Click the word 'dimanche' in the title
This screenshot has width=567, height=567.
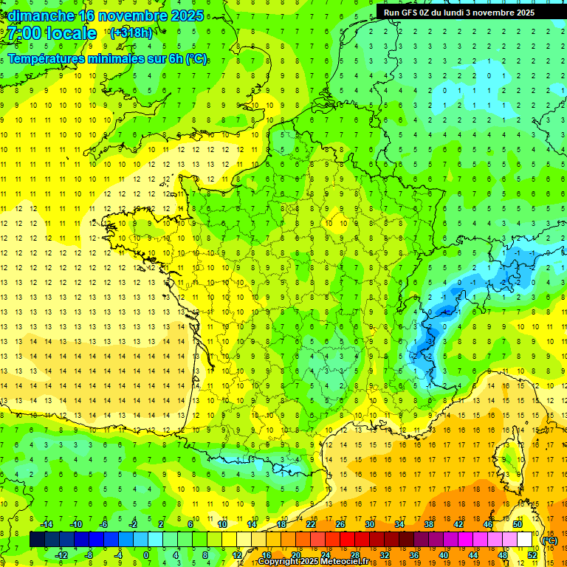point(40,16)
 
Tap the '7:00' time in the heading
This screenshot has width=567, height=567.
point(24,33)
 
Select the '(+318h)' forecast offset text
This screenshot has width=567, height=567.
point(131,33)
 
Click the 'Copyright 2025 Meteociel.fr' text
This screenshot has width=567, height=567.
point(313,562)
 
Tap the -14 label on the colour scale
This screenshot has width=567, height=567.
point(47,524)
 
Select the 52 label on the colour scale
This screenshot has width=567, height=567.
point(532,555)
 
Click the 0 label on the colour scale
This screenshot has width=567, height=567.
point(146,555)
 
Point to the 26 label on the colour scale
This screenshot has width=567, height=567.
point(340,524)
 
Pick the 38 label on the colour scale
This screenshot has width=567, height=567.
point(428,524)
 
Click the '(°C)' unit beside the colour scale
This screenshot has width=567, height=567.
point(549,540)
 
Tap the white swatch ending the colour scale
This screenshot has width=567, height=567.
point(525,540)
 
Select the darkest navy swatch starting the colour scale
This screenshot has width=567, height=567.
point(37,540)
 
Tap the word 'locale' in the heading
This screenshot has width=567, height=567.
point(71,33)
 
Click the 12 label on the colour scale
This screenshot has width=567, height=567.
point(238,555)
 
